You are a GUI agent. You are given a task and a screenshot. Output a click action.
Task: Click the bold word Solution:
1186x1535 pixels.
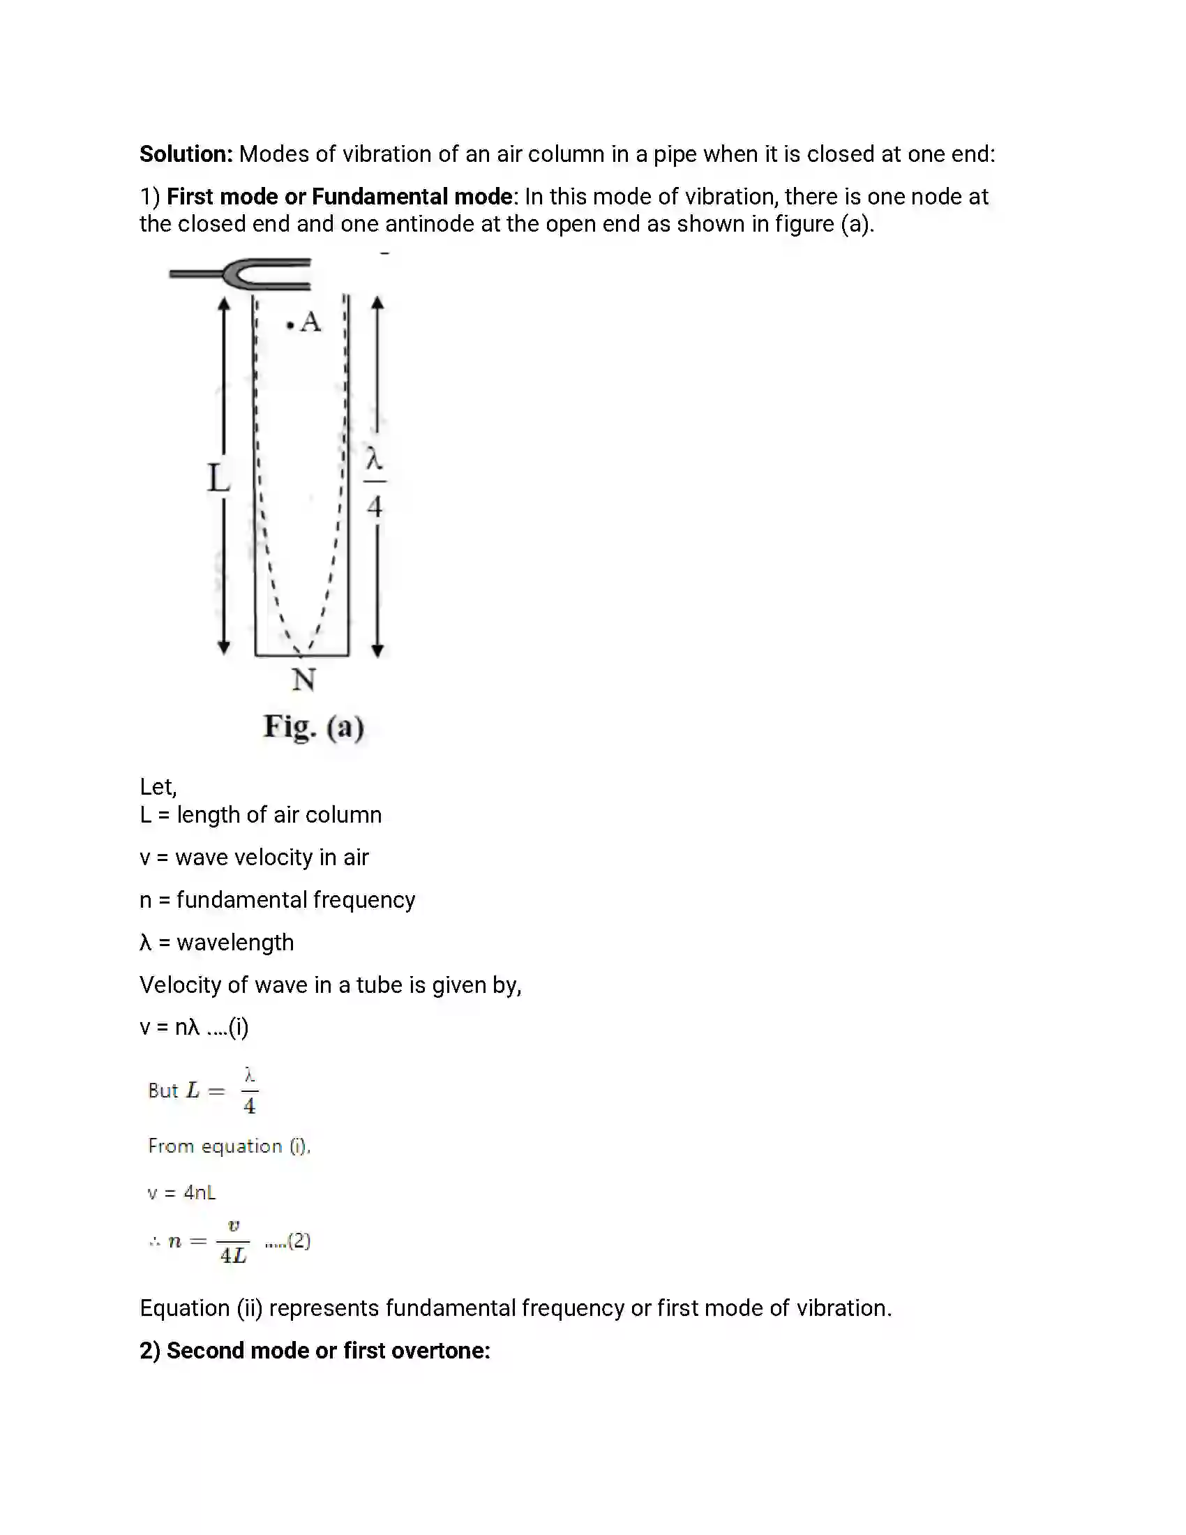(x=186, y=154)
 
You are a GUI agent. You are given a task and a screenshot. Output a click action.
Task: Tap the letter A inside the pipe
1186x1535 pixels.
(x=310, y=322)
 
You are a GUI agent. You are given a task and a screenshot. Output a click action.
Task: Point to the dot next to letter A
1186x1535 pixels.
(x=290, y=325)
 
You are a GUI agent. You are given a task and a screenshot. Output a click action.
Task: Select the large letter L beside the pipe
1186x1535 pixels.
(x=218, y=479)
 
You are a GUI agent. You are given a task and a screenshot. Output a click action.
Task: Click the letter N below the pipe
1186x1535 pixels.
(x=303, y=680)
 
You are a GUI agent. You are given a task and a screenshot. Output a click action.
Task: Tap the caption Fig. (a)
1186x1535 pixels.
(x=313, y=727)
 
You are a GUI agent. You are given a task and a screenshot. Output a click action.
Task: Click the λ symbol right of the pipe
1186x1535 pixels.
(x=374, y=460)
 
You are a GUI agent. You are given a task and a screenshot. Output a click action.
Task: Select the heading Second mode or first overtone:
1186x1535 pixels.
(x=315, y=1350)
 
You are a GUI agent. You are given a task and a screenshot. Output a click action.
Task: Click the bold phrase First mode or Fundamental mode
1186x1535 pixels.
(x=339, y=197)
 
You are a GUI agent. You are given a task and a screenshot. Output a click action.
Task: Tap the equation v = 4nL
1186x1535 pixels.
(x=181, y=1192)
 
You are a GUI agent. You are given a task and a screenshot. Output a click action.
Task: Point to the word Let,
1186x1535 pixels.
(x=158, y=786)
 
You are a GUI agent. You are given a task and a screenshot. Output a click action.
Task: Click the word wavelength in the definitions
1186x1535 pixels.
(x=234, y=943)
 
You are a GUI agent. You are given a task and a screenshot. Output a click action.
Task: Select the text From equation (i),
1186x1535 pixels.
(x=229, y=1146)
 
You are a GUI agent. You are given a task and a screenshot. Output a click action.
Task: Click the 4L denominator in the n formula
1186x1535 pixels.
(x=233, y=1255)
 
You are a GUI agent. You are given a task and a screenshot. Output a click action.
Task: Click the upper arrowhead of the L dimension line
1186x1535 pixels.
(x=223, y=304)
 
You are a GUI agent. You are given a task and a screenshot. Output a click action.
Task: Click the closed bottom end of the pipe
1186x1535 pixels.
(x=302, y=656)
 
